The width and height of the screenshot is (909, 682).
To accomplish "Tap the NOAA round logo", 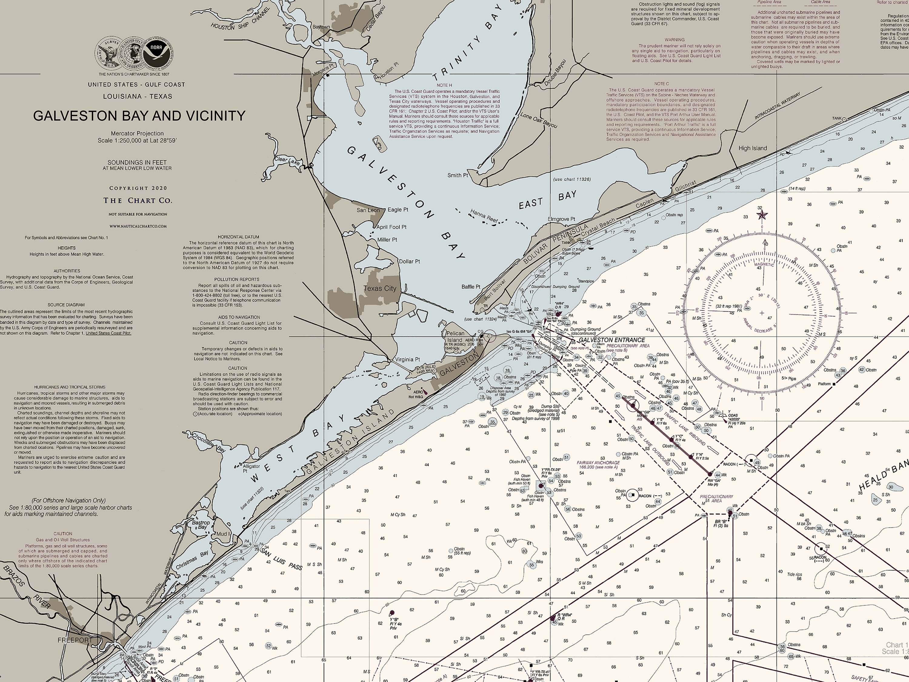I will pos(156,53).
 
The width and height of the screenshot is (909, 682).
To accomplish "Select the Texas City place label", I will pos(380,289).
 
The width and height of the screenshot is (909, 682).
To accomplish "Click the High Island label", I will pos(752,148).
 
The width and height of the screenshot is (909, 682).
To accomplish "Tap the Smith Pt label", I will pos(457,175).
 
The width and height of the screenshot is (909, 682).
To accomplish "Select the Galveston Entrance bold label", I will pos(611,340).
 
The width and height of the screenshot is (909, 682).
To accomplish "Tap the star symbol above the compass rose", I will pos(762,215).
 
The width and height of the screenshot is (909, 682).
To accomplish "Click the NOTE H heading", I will pos(444,85).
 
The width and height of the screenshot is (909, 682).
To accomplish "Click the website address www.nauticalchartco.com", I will pos(138,226).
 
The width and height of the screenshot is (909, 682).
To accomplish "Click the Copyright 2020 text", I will pos(138,188).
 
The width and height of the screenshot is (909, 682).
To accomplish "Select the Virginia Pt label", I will pos(407,359).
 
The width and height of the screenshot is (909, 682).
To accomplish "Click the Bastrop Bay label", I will pos(201,525).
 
